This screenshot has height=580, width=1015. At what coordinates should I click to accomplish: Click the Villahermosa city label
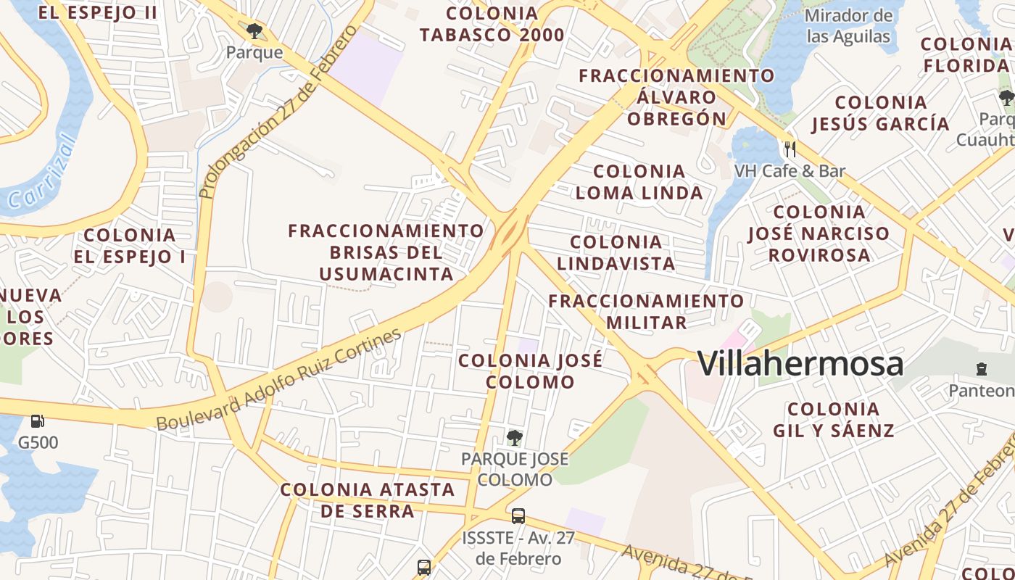click(800, 363)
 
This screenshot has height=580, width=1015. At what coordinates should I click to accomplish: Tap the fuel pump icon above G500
click(37, 420)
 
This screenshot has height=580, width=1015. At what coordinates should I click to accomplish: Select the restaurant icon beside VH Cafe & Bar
click(790, 149)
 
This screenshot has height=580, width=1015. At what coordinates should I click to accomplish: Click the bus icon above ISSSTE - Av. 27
click(518, 516)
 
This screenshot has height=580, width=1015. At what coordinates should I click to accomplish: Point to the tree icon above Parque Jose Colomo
click(515, 437)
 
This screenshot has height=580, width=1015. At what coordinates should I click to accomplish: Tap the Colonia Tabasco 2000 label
click(492, 24)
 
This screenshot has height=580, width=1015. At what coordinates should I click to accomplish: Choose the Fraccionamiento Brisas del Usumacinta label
click(386, 252)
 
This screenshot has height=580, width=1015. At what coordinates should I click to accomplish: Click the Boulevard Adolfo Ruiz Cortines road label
click(279, 380)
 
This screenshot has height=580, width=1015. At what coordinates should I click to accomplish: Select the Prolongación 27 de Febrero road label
click(278, 112)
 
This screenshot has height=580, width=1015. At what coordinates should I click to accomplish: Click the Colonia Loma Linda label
click(639, 182)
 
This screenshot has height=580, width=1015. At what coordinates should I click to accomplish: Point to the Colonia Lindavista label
click(616, 252)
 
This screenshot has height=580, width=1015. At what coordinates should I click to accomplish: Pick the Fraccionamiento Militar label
click(646, 312)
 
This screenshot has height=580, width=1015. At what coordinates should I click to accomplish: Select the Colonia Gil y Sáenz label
click(834, 420)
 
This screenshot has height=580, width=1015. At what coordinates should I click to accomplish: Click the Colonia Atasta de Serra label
click(368, 500)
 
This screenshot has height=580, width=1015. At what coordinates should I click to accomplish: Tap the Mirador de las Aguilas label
click(848, 26)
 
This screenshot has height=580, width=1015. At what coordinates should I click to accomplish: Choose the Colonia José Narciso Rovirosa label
click(819, 233)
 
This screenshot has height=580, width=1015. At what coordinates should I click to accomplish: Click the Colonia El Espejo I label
click(130, 246)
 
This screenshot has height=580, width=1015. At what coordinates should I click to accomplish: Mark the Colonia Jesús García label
click(881, 113)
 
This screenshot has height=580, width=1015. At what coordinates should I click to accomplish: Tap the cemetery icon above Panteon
click(982, 369)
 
